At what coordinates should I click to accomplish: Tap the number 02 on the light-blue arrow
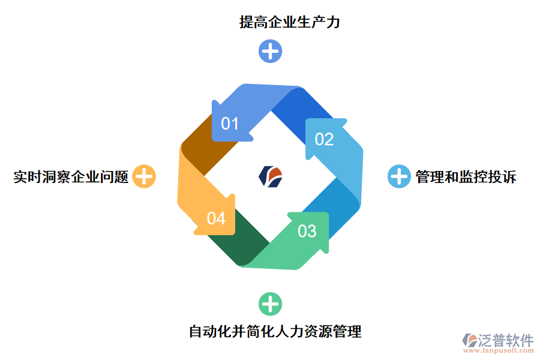(324, 139)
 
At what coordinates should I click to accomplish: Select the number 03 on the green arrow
(307, 230)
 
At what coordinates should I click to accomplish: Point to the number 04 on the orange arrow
(216, 218)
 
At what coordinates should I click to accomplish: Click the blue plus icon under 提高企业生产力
(270, 51)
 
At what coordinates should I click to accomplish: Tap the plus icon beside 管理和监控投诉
(398, 176)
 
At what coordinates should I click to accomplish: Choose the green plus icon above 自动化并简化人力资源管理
(270, 304)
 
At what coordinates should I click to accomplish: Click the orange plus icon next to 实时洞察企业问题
(144, 176)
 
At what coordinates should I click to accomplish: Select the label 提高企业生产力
(290, 23)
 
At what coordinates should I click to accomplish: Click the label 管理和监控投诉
(466, 177)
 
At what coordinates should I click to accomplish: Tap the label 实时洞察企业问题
(71, 177)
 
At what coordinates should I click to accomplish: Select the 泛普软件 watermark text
(506, 341)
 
